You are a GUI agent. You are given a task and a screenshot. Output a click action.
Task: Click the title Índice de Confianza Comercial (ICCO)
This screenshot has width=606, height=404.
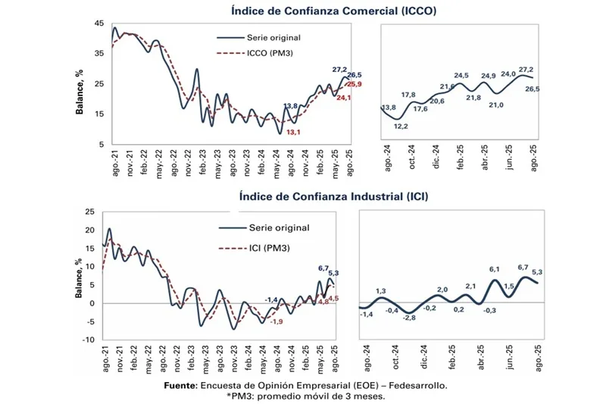click(334, 11)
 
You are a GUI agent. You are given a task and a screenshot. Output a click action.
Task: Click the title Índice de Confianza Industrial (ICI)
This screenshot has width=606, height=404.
click(333, 196)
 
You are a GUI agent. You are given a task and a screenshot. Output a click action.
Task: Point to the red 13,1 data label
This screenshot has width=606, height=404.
click(292, 132)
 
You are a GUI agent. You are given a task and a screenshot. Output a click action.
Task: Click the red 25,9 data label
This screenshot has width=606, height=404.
click(354, 84)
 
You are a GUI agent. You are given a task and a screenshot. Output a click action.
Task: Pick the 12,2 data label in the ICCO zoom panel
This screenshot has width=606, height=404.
click(401, 126)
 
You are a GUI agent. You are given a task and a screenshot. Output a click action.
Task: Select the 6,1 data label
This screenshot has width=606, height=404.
click(495, 270)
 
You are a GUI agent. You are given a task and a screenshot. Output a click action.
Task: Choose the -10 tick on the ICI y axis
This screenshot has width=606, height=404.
click(89, 340)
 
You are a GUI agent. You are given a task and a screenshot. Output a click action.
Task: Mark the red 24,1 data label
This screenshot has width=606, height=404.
click(343, 97)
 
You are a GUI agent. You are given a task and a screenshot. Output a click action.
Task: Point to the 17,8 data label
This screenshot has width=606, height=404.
click(408, 95)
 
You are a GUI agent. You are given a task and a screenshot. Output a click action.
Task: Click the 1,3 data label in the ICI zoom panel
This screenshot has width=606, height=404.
click(381, 291)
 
